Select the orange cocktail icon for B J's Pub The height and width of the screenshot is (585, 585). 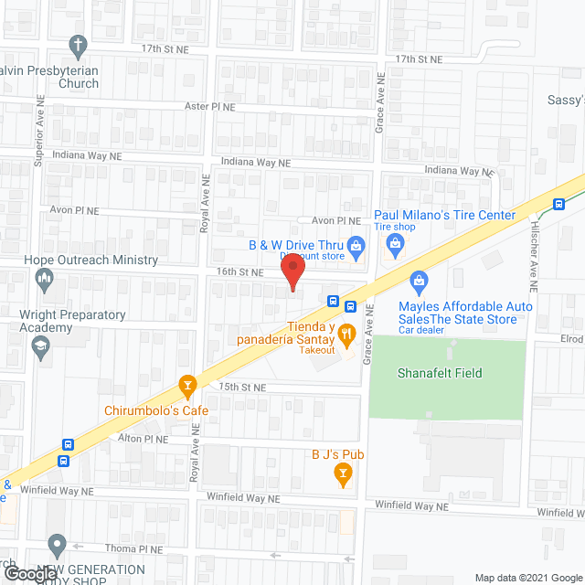[x=343, y=473]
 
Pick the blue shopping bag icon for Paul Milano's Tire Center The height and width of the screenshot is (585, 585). [x=395, y=242]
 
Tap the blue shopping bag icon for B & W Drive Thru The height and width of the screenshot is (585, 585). [x=357, y=244]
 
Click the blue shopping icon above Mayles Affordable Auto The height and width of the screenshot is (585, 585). [x=420, y=279]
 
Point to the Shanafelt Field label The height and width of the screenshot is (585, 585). [x=440, y=373]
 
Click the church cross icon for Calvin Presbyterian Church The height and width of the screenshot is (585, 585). [x=80, y=44]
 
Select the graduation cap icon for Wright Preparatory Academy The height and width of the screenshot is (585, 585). [x=40, y=346]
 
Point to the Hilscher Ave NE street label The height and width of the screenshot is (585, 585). [x=533, y=266]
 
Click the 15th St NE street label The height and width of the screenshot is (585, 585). [x=242, y=388]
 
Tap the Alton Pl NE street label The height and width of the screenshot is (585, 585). [x=144, y=440]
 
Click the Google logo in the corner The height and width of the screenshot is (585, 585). [x=29, y=574]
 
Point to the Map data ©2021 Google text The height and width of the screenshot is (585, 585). [x=526, y=577]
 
